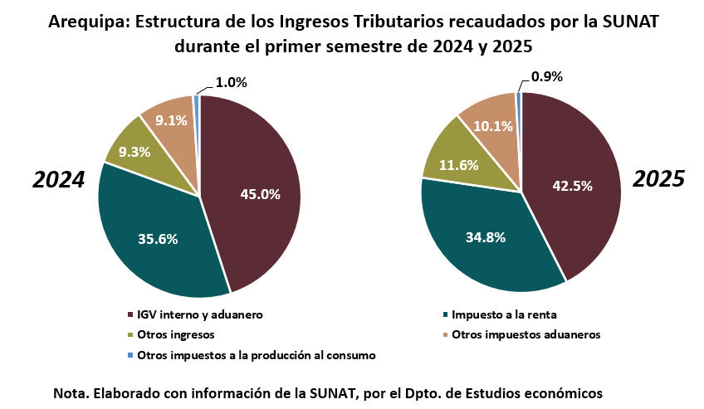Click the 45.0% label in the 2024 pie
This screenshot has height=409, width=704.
coord(260,195)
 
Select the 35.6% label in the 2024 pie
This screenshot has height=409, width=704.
coord(158,239)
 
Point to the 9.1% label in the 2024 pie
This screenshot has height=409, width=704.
coord(171,120)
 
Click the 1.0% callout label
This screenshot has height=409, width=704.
coord(231,82)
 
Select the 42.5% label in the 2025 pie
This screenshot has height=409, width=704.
coord(572,186)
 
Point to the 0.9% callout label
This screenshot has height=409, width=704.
coord(546,76)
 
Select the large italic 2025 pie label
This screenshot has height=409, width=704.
coord(658,178)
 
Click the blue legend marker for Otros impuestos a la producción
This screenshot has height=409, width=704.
coord(130,355)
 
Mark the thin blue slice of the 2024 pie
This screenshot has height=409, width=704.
coord(196,100)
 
